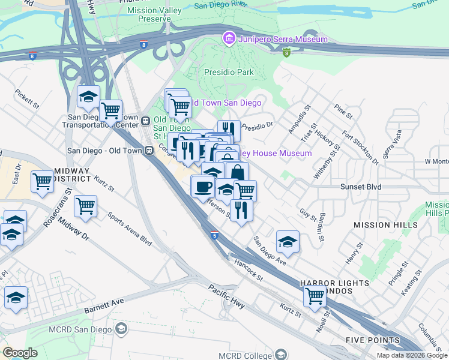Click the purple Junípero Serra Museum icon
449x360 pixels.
click(228, 40)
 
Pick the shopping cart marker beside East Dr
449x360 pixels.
click(42, 181)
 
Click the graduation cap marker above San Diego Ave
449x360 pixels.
click(288, 242)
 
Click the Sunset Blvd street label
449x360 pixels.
click(360, 187)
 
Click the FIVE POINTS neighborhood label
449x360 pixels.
click(372, 340)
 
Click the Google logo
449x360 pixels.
click(20, 352)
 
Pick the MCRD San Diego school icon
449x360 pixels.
click(122, 328)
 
